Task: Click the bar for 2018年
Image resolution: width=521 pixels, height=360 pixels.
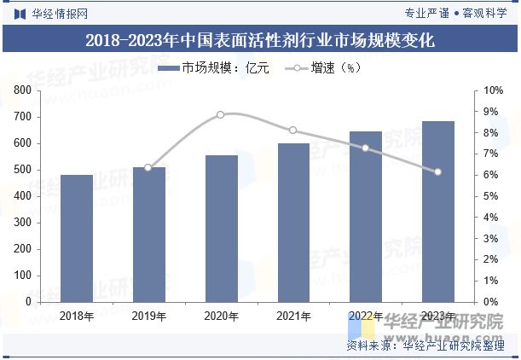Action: (x=76, y=238)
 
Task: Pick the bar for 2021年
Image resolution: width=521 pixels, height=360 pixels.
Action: (x=293, y=223)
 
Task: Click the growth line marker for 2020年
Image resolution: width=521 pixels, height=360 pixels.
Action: (x=221, y=114)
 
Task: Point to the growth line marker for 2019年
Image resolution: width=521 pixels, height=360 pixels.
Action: (x=148, y=168)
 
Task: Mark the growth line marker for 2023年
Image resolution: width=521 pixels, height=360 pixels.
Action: (x=438, y=172)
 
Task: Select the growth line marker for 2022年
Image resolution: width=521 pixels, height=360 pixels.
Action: (x=366, y=148)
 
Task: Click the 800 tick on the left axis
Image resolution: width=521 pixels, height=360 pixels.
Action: (x=22, y=90)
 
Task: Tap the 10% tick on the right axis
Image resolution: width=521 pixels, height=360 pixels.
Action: (x=493, y=90)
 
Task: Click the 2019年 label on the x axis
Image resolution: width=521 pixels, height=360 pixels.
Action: (x=148, y=316)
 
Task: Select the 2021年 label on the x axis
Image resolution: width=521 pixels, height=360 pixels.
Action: (x=293, y=316)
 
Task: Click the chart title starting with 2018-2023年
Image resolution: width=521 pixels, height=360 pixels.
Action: (x=260, y=40)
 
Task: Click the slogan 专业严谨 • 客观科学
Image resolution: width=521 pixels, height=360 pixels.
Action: (x=455, y=13)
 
